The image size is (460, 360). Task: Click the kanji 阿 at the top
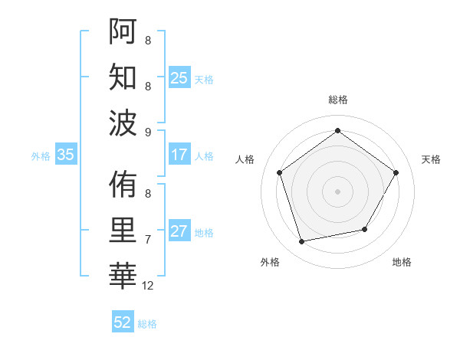coord(123,33)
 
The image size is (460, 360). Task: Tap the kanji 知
coord(123,77)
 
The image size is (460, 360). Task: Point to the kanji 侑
coord(123,185)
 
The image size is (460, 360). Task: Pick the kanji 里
coord(123,230)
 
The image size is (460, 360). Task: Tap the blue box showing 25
coord(179,77)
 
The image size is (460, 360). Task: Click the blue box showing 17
coord(179,155)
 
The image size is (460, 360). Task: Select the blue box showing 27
coord(179,232)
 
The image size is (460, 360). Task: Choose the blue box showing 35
coord(65,155)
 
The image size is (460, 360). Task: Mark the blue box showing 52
coord(122,322)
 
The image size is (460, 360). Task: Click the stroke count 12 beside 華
coord(148,286)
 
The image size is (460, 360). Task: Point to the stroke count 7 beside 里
coord(148,240)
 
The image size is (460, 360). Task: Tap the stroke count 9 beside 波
coord(148,132)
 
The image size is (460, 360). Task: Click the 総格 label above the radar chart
coord(337,100)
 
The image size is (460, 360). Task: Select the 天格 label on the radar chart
coord(431,159)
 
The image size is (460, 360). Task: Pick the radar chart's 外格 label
coord(270,262)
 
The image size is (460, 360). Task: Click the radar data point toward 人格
coord(279,172)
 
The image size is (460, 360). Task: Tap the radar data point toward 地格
coord(365,229)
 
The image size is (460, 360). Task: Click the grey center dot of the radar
coord(337,191)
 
